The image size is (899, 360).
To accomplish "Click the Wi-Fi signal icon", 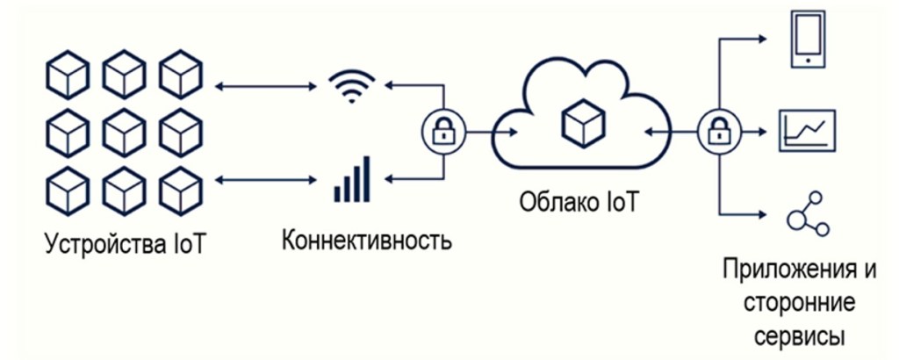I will point(351,86).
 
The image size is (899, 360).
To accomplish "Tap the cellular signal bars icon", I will point(351,179).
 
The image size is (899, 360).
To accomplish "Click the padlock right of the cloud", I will point(716,133).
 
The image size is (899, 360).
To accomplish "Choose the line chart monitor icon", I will point(807,131).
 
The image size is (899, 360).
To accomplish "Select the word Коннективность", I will point(367,240).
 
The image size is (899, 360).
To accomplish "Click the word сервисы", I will point(799,335).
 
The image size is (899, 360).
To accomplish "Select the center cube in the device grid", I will point(123,131).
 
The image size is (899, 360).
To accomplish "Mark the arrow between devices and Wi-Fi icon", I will point(265,86).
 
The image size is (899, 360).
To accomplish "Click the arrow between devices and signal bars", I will point(265,179).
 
